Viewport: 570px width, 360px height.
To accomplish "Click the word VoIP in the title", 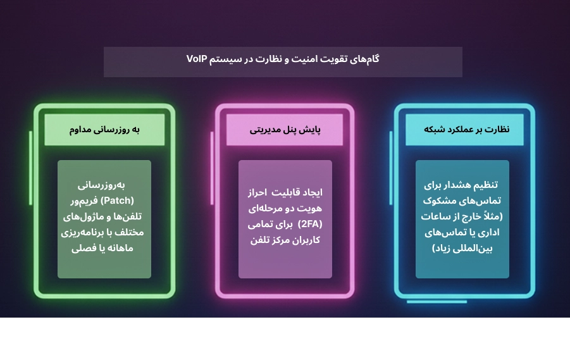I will click(x=198, y=59).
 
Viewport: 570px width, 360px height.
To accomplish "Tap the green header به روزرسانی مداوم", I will click(x=104, y=130).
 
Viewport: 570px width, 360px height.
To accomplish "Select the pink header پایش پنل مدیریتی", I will click(x=285, y=130).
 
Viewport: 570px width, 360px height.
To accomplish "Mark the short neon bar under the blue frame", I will click(x=436, y=302).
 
